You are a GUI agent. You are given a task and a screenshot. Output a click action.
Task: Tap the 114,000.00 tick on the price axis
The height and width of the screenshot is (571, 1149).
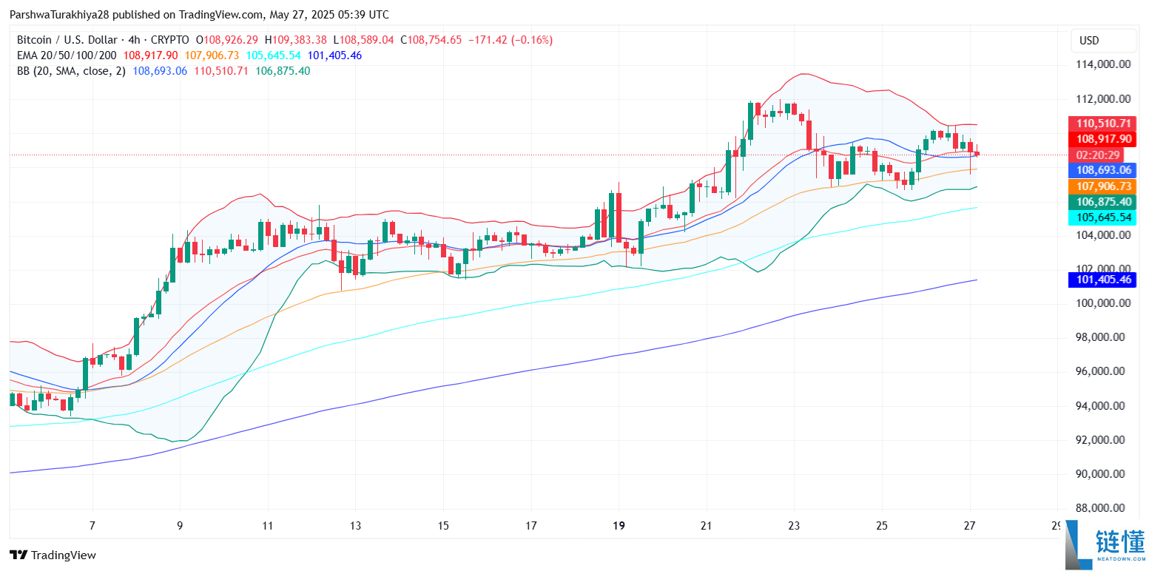pyautogui.click(x=1101, y=64)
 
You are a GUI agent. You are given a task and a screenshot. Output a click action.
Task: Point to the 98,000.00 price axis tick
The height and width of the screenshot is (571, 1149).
pyautogui.click(x=1101, y=337)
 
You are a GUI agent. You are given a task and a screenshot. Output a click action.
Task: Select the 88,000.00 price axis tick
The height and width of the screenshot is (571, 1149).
pyautogui.click(x=1101, y=507)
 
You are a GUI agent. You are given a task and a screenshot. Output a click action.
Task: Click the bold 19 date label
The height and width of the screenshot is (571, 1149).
pyautogui.click(x=619, y=526)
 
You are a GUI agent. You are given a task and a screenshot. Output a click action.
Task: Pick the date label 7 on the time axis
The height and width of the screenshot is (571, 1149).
pyautogui.click(x=92, y=526)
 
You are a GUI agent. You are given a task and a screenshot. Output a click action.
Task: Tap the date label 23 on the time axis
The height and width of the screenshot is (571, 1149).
pyautogui.click(x=794, y=526)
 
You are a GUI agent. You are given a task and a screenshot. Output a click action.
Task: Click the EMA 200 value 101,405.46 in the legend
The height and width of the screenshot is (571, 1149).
pyautogui.click(x=334, y=55)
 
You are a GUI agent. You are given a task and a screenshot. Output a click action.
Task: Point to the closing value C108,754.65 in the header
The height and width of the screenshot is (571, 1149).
pyautogui.click(x=431, y=40)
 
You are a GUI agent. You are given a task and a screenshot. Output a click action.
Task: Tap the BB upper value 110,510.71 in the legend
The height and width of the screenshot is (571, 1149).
pyautogui.click(x=220, y=71)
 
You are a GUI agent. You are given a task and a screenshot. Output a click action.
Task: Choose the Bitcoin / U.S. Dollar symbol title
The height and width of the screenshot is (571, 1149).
pyautogui.click(x=70, y=40)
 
